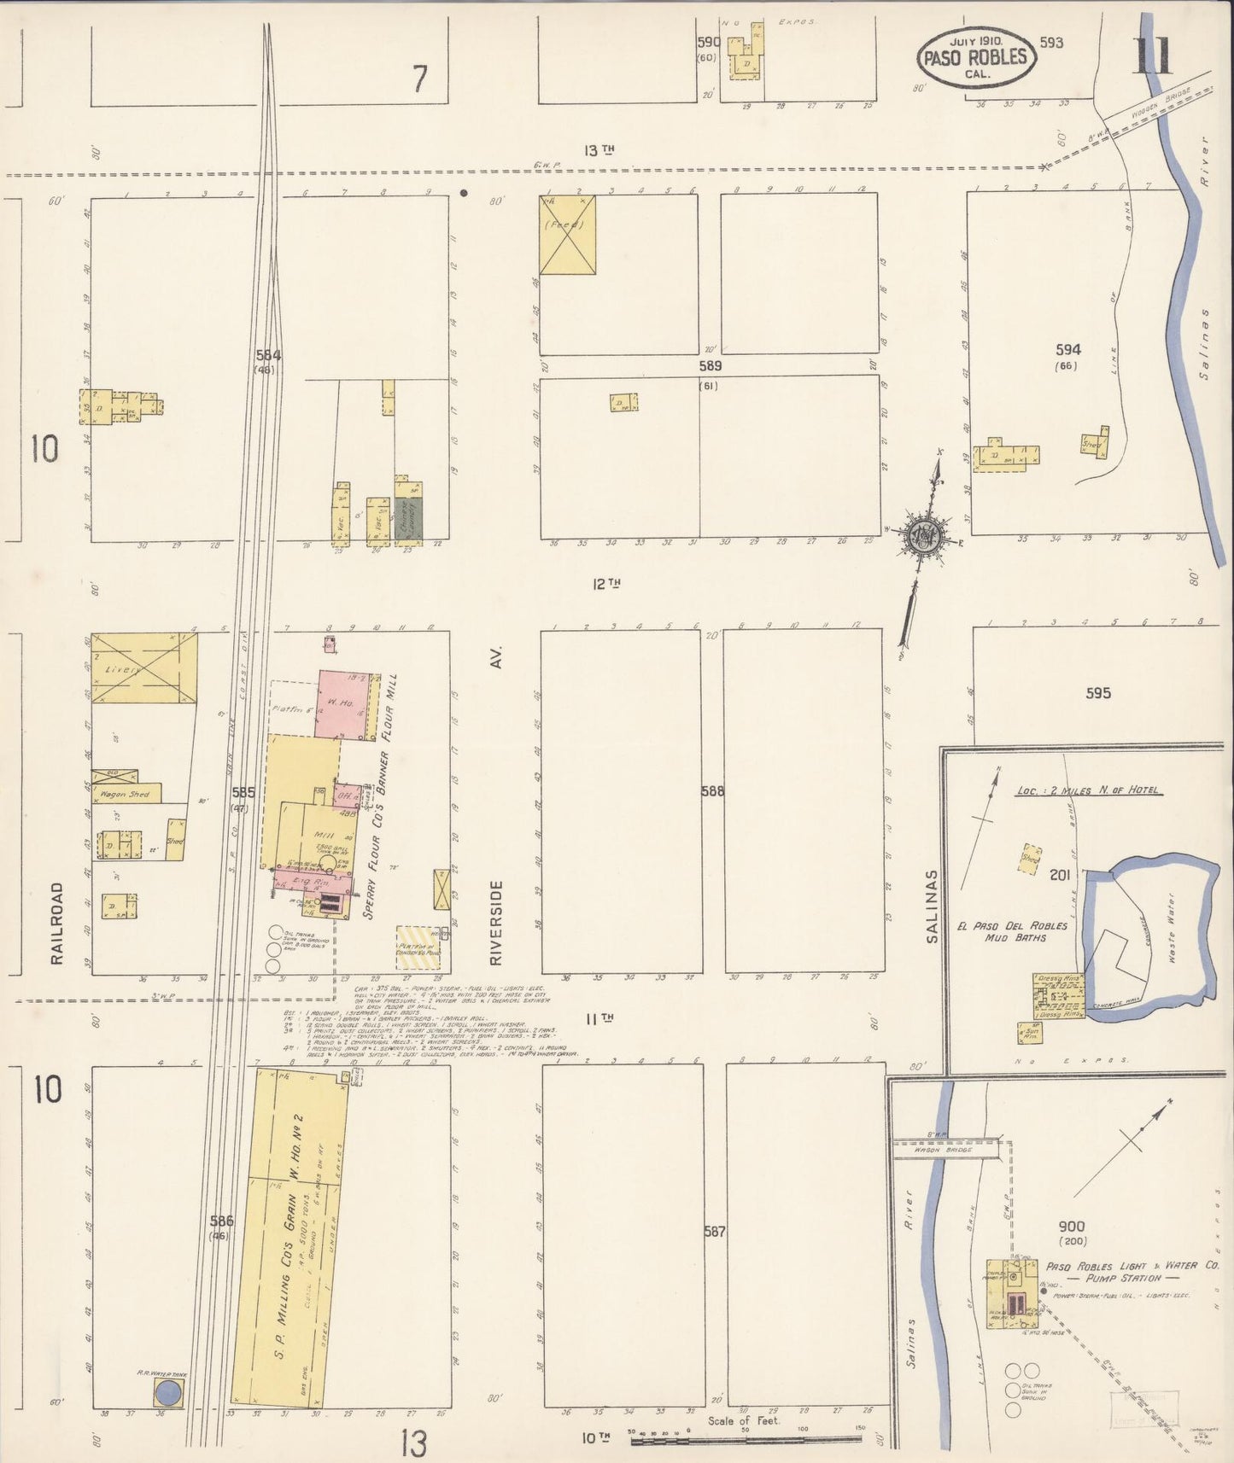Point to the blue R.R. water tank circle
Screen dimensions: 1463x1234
click(168, 1395)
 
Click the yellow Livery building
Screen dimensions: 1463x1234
click(143, 668)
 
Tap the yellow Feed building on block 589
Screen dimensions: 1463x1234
click(567, 235)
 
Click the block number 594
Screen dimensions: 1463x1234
click(1067, 349)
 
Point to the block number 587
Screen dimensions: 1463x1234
click(714, 1232)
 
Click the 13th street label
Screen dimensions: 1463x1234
click(599, 150)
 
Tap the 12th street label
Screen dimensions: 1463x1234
click(605, 584)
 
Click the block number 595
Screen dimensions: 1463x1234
click(1098, 692)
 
